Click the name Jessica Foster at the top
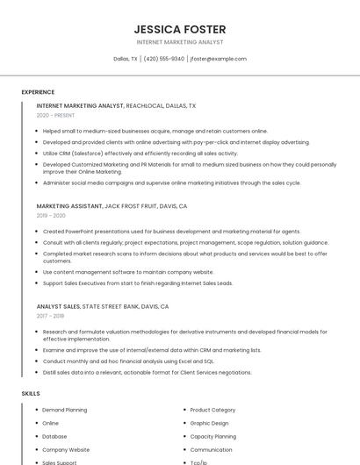(x=180, y=29)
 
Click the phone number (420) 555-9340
(x=163, y=59)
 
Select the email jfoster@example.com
(x=218, y=59)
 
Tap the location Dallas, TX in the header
(x=126, y=59)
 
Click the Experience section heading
(x=38, y=92)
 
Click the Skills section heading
(x=31, y=394)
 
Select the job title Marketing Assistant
(x=69, y=206)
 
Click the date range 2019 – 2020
(x=51, y=216)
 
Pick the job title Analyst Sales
(x=58, y=307)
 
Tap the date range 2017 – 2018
(x=50, y=317)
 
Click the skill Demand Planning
(x=65, y=410)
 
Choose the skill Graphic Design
(x=209, y=423)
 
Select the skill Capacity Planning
(x=212, y=436)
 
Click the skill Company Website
(x=66, y=449)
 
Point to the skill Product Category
(x=212, y=410)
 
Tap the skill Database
(x=54, y=436)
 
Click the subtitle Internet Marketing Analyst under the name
(x=180, y=42)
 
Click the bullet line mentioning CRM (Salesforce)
(x=140, y=154)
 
